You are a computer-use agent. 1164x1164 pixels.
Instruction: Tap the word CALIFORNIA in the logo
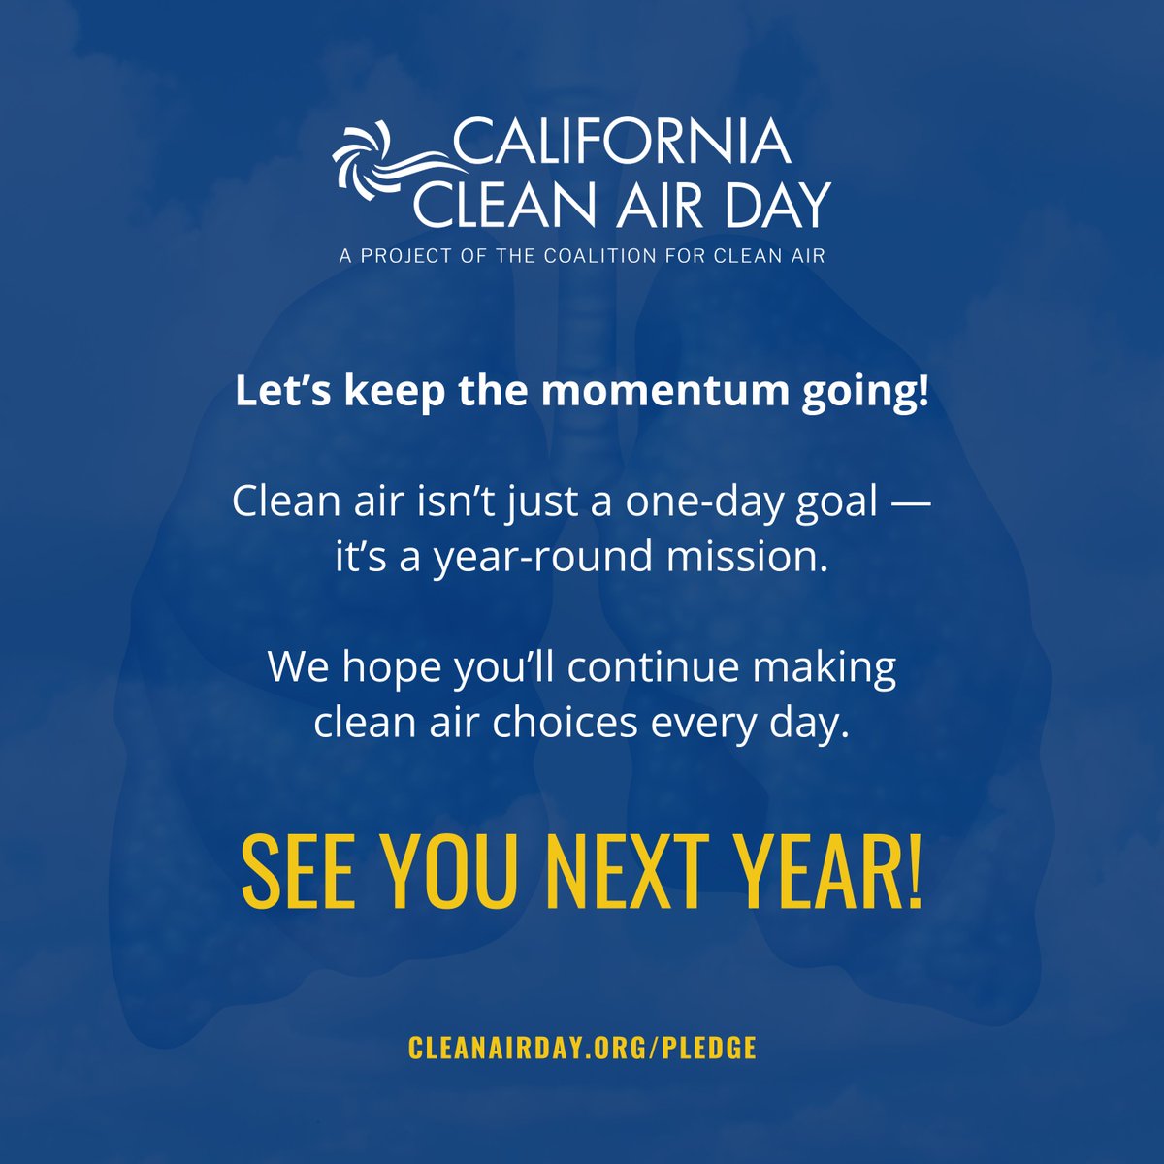point(621,141)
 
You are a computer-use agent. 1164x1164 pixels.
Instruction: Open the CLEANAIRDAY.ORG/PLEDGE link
point(582,1048)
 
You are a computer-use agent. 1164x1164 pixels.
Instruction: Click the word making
point(825,669)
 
